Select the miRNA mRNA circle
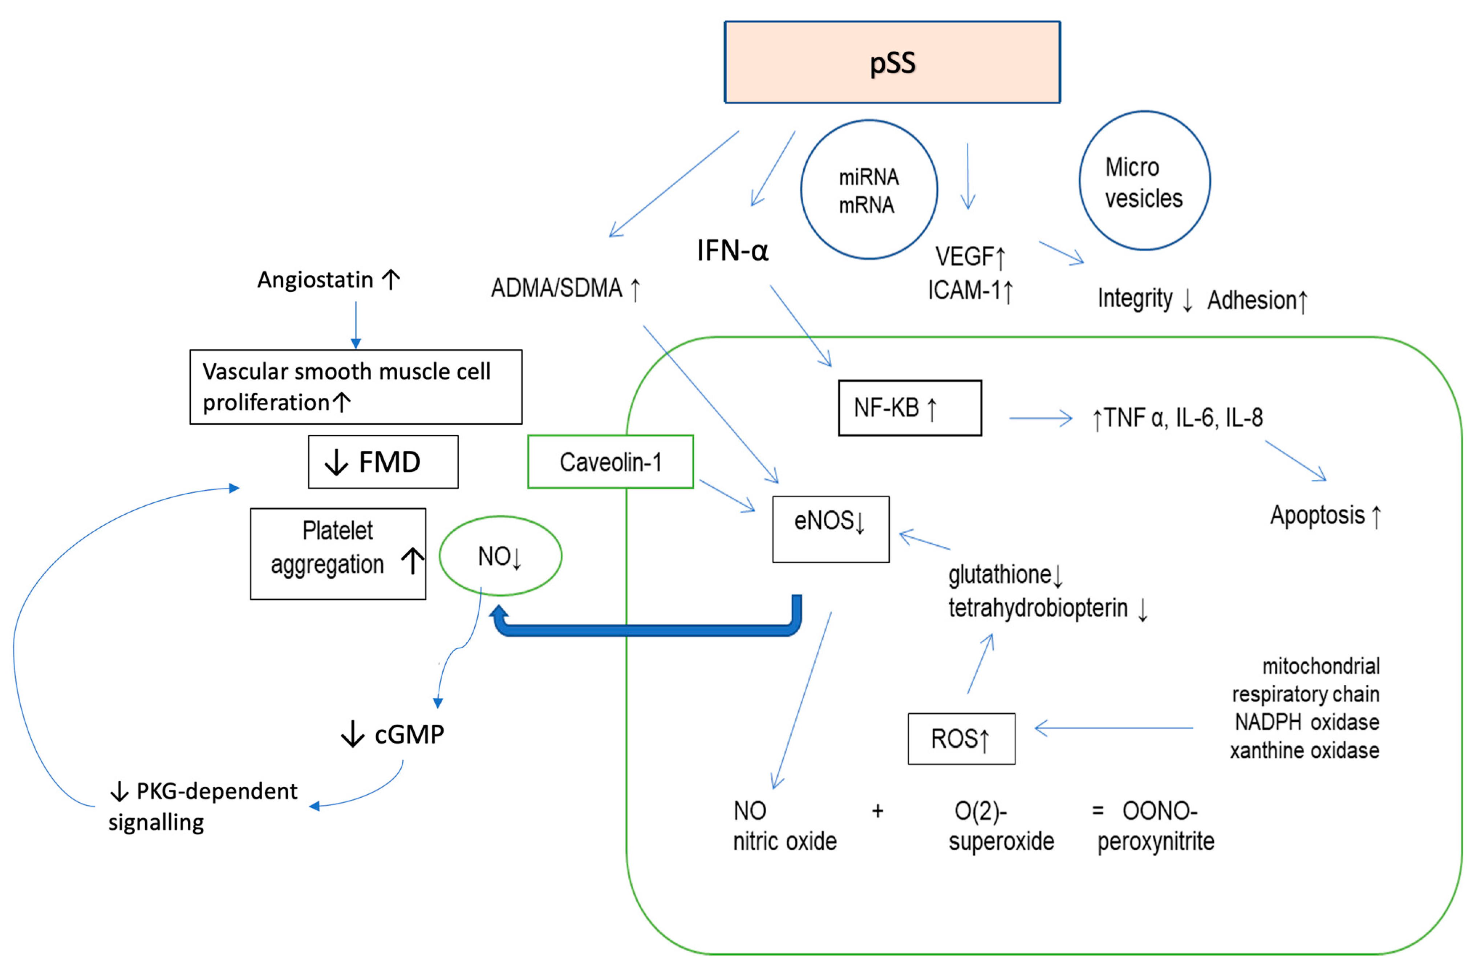(x=869, y=190)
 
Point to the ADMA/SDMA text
(x=557, y=288)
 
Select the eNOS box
(x=830, y=529)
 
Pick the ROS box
(x=961, y=739)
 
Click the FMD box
(x=383, y=462)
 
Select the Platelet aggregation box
(x=337, y=554)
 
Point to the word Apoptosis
(x=1317, y=515)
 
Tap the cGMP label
(x=409, y=735)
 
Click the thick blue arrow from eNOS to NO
(x=647, y=630)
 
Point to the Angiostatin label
(x=316, y=280)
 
